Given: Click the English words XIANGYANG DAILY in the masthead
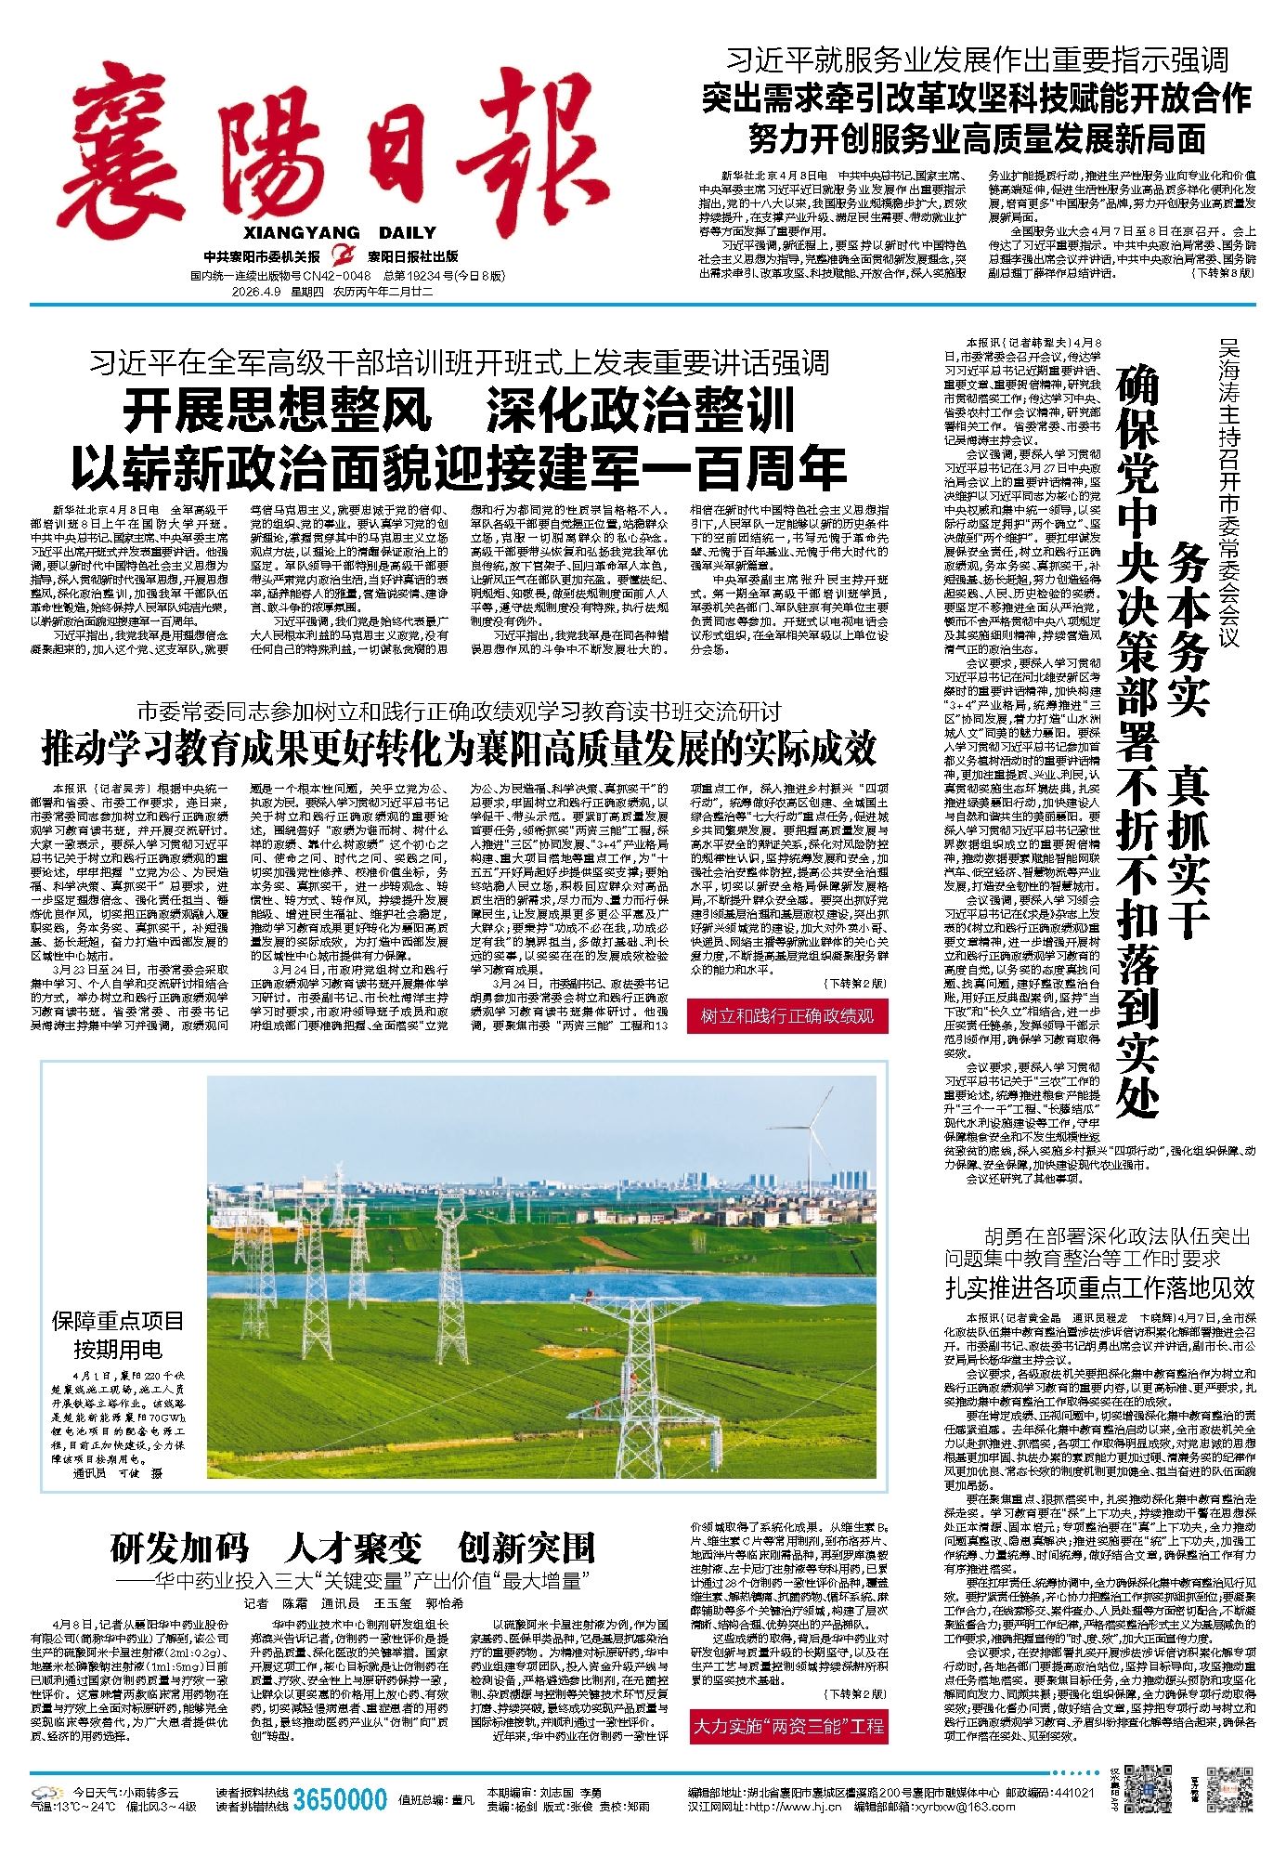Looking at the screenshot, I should pyautogui.click(x=341, y=233).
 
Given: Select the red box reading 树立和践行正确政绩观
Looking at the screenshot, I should pyautogui.click(x=786, y=1016).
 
